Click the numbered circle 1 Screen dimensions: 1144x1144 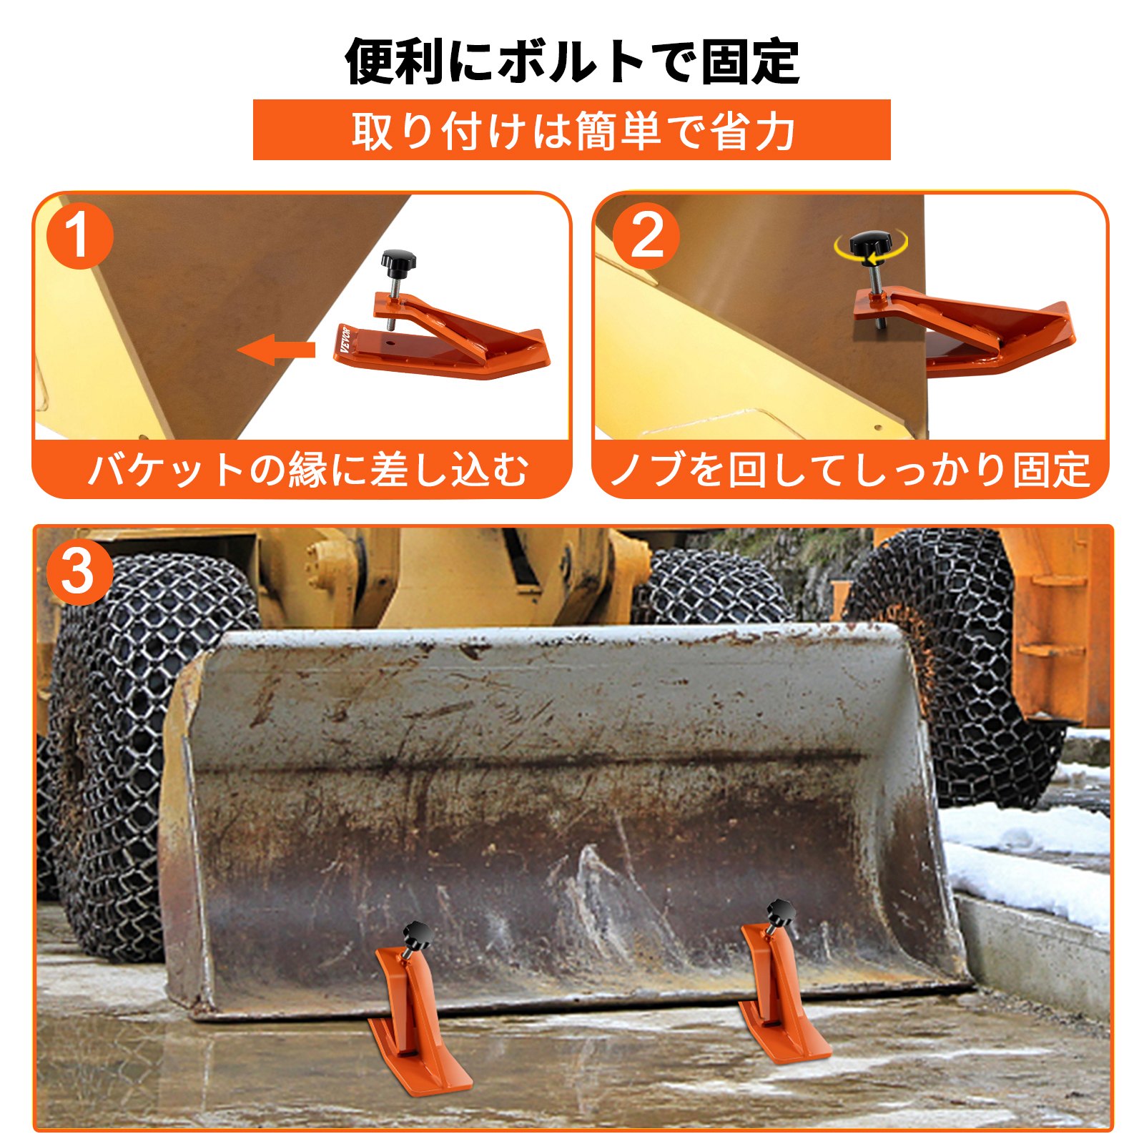click(79, 236)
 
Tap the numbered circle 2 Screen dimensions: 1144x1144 click(646, 236)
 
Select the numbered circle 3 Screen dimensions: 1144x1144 click(79, 573)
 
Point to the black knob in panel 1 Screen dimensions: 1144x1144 click(397, 262)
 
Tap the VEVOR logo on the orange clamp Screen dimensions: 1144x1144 click(346, 340)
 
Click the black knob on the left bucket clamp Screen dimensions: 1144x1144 click(417, 933)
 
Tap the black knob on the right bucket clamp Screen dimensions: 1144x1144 click(781, 914)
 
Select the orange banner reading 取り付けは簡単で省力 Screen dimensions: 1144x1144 click(572, 130)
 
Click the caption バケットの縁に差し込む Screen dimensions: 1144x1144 click(307, 470)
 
